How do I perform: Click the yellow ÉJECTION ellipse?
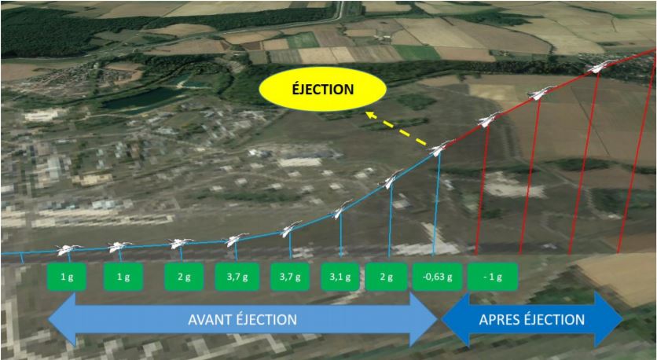pyautogui.click(x=322, y=90)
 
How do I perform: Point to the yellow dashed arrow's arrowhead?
pyautogui.click(x=369, y=115)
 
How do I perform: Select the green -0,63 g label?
pyautogui.click(x=437, y=277)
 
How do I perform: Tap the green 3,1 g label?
pyautogui.click(x=340, y=277)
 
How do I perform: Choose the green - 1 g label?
pyautogui.click(x=492, y=277)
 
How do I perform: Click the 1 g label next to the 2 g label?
pyautogui.click(x=123, y=277)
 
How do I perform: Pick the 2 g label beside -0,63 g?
pyautogui.click(x=386, y=277)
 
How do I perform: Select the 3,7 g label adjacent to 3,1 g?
pyautogui.click(x=290, y=277)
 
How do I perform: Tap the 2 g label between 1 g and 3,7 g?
pyautogui.click(x=184, y=277)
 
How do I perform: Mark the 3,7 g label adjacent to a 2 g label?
pyautogui.click(x=237, y=277)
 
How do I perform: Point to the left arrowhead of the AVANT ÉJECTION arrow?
pyautogui.click(x=62, y=320)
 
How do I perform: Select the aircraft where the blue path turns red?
pyautogui.click(x=439, y=148)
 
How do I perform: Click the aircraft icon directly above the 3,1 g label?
pyautogui.click(x=340, y=210)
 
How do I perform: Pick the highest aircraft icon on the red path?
pyautogui.click(x=600, y=67)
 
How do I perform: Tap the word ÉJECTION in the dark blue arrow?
pyautogui.click(x=554, y=320)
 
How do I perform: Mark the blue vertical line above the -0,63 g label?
pyautogui.click(x=436, y=204)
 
